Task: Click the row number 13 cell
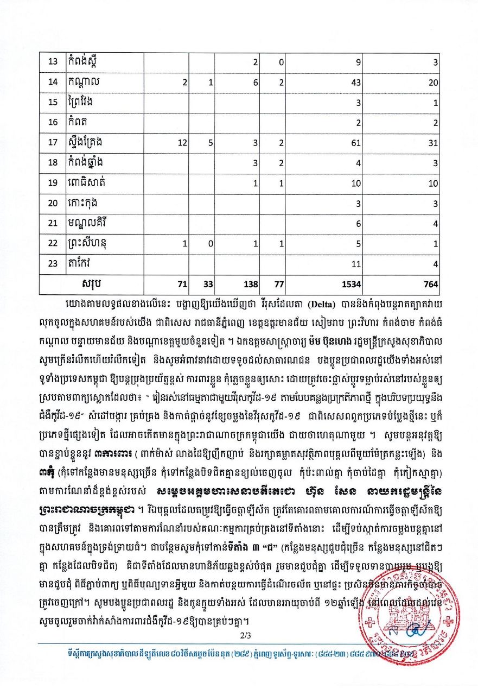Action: [53, 61]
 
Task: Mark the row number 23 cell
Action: [53, 264]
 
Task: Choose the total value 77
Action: [278, 284]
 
